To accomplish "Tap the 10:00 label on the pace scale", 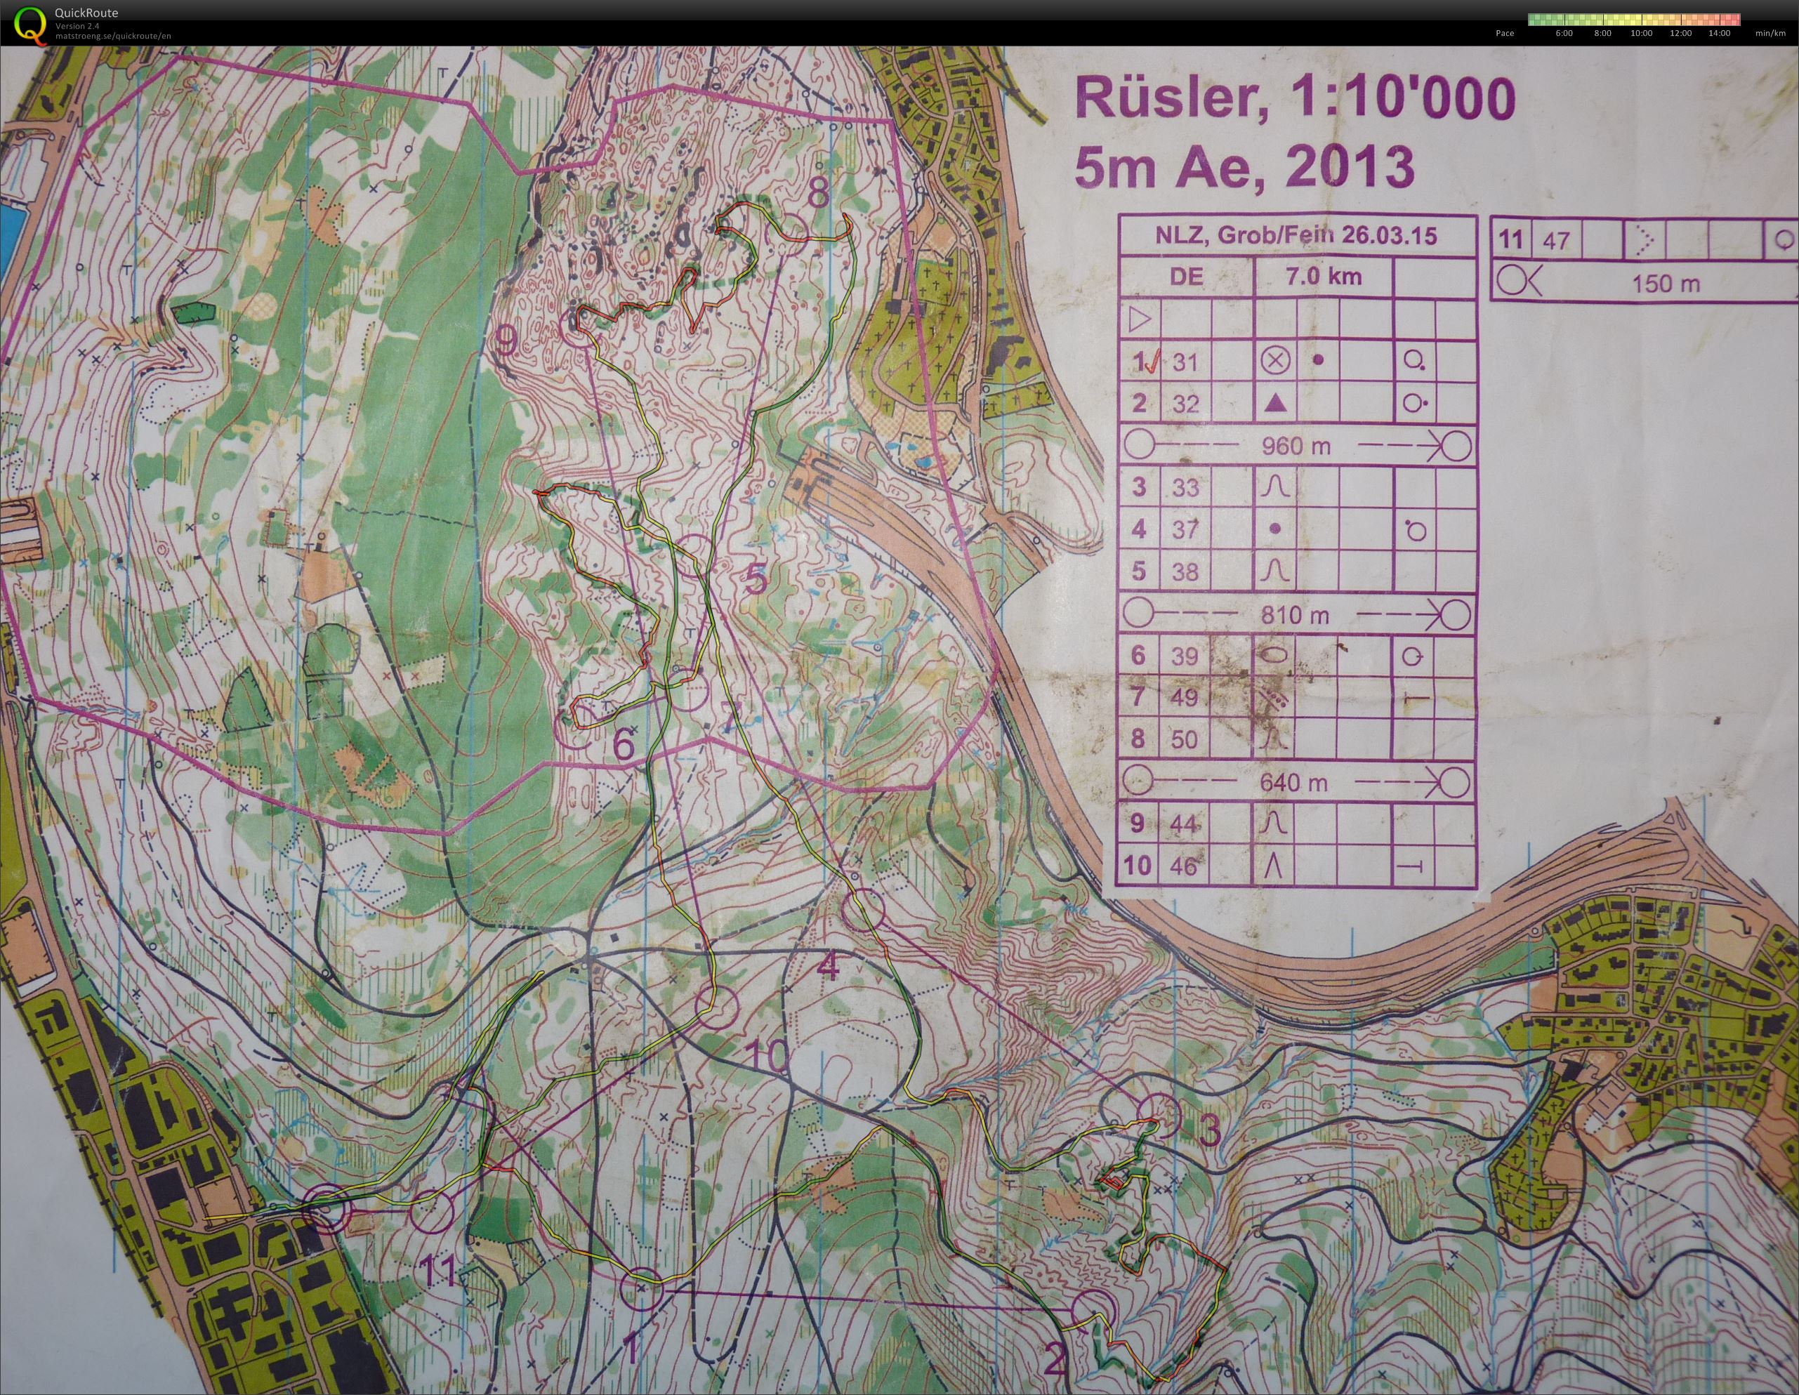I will coord(1641,34).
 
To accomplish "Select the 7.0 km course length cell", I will coord(1323,277).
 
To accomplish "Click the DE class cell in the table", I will coord(1186,277).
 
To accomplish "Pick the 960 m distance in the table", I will coord(1295,447).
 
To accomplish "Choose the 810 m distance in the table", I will coord(1295,615).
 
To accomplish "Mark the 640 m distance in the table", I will coord(1293,781).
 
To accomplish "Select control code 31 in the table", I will coord(1185,362).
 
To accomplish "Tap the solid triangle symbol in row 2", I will coord(1275,404).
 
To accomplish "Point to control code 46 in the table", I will coord(1185,866).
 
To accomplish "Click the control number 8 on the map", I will coord(817,194).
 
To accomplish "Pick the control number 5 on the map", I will coord(756,581).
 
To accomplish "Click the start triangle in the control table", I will coord(1139,319).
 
